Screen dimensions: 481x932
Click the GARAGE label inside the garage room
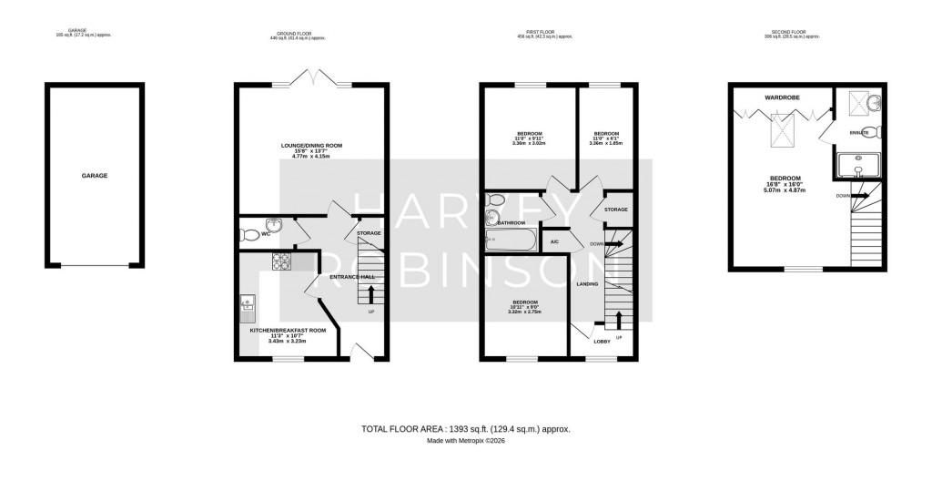pyautogui.click(x=95, y=175)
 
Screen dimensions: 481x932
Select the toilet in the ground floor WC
pyautogui.click(x=249, y=235)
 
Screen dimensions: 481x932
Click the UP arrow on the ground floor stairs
pyautogui.click(x=370, y=294)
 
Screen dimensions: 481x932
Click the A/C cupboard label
pyautogui.click(x=554, y=241)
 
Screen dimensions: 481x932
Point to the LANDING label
pyautogui.click(x=587, y=284)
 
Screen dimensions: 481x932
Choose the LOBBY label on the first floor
pyautogui.click(x=602, y=342)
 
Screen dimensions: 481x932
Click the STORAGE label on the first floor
pyautogui.click(x=616, y=210)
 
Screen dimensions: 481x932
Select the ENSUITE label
pyautogui.click(x=860, y=133)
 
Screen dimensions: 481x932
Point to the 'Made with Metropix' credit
pyautogui.click(x=465, y=441)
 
